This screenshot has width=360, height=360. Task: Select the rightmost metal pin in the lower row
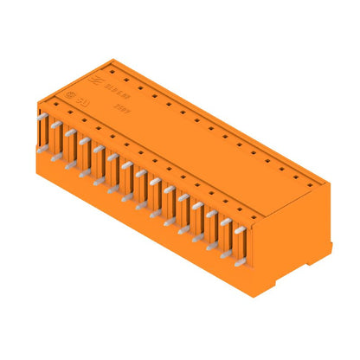[x=234, y=260]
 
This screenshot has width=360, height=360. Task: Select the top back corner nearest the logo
[x=115, y=61]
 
